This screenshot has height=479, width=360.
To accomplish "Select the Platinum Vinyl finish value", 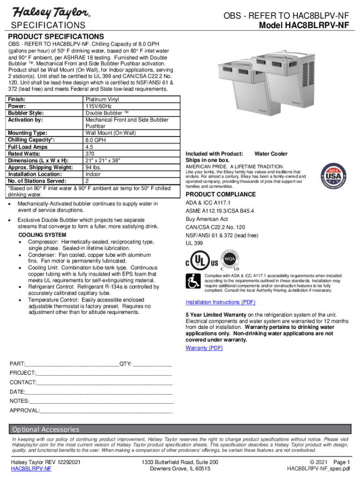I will pyautogui.click(x=103, y=100).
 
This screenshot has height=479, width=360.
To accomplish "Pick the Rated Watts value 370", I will pyautogui.click(x=90, y=154).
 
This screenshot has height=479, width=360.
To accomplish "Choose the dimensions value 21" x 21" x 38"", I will pyautogui.click(x=103, y=161).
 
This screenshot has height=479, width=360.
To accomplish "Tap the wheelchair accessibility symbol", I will pyautogui.click(x=193, y=281).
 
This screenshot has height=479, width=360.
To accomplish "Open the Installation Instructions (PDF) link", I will pyautogui.click(x=220, y=302).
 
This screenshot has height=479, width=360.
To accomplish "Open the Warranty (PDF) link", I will pyautogui.click(x=204, y=348).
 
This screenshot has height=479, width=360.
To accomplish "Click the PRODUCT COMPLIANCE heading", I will pyautogui.click(x=221, y=195).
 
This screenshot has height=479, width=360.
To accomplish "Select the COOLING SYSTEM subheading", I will pyautogui.click(x=42, y=235).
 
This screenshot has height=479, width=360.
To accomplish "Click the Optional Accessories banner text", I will pyautogui.click(x=46, y=429).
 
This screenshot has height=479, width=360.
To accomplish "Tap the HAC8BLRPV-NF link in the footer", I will pyautogui.click(x=31, y=469).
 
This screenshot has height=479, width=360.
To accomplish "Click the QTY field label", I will pyautogui.click(x=125, y=363).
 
